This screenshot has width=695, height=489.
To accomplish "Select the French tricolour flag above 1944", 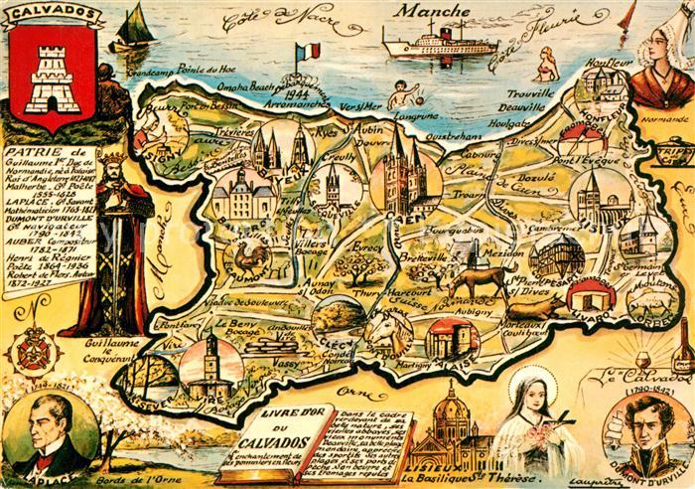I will click(x=311, y=50).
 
